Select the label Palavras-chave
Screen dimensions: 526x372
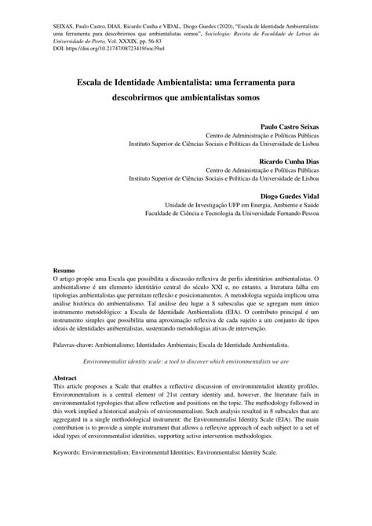click(75, 344)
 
